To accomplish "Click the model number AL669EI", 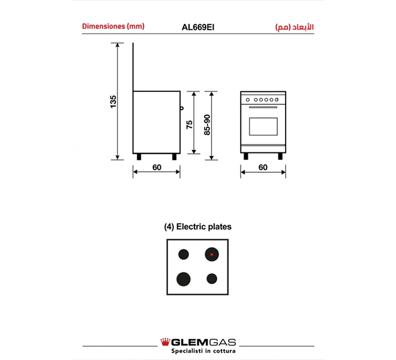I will pyautogui.click(x=198, y=27).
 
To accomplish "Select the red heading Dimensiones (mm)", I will pyautogui.click(x=113, y=26).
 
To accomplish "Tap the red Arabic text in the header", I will pyautogui.click(x=294, y=27).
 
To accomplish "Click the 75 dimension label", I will pyautogui.click(x=189, y=124).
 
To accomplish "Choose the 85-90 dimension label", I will pyautogui.click(x=207, y=125).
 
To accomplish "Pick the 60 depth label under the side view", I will pyautogui.click(x=157, y=167).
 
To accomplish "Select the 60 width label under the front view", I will pyautogui.click(x=263, y=167).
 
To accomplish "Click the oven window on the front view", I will pyautogui.click(x=263, y=126).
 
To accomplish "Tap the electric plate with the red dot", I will pyautogui.click(x=211, y=254).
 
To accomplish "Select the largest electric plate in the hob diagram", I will pyautogui.click(x=184, y=278).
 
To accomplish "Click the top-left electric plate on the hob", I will pyautogui.click(x=184, y=254).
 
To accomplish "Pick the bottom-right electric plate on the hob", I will pyautogui.click(x=211, y=278).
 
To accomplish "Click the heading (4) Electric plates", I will pyautogui.click(x=197, y=227).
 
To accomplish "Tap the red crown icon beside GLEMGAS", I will pyautogui.click(x=164, y=342).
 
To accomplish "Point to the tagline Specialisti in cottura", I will pyautogui.click(x=198, y=351).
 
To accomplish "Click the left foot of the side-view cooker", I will pyautogui.click(x=139, y=157).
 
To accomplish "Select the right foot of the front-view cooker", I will pyautogui.click(x=280, y=157).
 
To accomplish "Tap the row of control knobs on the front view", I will pyautogui.click(x=263, y=100).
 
